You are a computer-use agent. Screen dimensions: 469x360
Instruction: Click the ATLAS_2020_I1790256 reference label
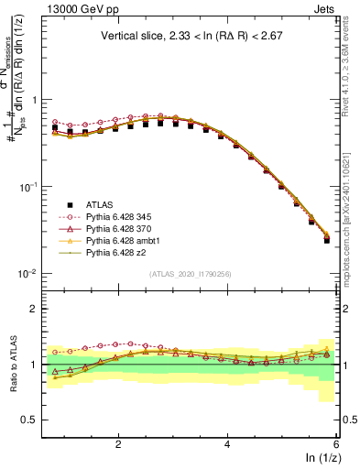[191, 274]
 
